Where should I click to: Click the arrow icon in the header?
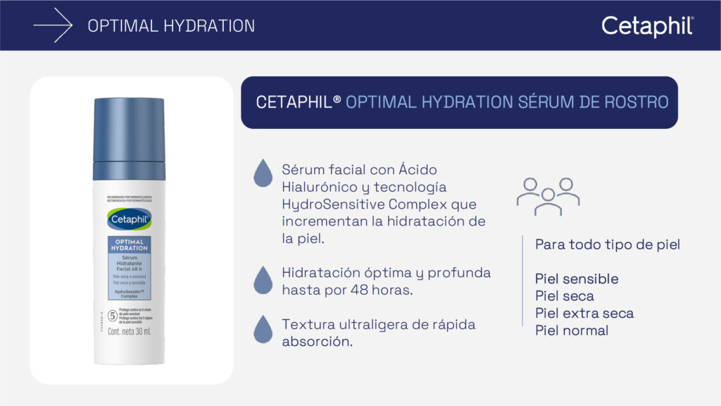[x=53, y=26]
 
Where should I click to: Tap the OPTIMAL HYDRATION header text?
[x=171, y=26]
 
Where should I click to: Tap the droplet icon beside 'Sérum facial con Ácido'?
[x=263, y=173]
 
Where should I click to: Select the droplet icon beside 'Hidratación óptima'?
[x=263, y=280]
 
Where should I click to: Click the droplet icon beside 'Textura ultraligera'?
[x=263, y=328]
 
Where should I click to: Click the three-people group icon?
[x=548, y=195]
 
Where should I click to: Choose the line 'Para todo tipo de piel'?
[x=608, y=245]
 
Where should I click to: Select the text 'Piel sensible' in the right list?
[x=577, y=279]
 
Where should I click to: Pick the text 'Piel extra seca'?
[x=584, y=313]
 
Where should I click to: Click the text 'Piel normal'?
[x=572, y=330]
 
